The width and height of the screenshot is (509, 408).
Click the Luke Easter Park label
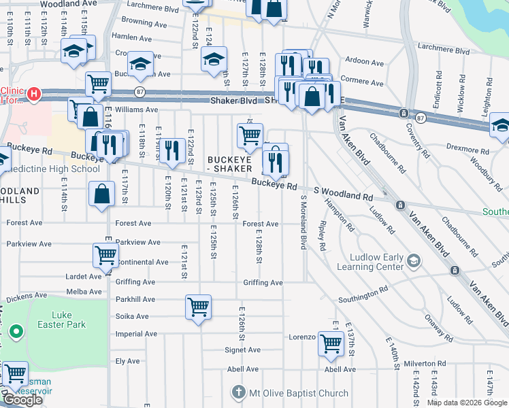(62, 320)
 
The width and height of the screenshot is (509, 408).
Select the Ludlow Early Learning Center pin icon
(413, 261)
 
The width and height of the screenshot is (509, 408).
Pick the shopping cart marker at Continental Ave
(105, 255)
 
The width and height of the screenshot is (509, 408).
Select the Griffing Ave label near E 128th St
(263, 283)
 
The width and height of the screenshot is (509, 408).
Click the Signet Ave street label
(243, 350)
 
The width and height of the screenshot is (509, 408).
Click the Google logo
(22, 400)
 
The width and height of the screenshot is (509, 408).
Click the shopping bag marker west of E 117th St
(101, 193)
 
